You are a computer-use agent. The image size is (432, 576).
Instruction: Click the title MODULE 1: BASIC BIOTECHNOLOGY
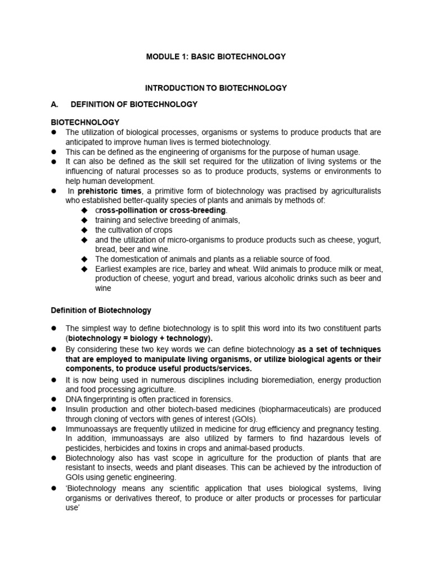216,57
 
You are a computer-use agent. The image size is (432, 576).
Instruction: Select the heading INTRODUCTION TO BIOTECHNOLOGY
216,88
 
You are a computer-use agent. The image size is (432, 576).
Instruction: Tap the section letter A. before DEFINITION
55,104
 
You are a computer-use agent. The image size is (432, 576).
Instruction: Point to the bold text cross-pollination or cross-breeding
160,210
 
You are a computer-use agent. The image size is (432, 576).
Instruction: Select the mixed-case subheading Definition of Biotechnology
101,310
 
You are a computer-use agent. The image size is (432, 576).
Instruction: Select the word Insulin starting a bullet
78,409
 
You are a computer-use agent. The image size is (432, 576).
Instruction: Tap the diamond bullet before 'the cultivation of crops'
84,230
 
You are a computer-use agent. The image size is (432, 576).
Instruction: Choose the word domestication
134,259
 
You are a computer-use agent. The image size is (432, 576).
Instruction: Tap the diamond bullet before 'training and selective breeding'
84,220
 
